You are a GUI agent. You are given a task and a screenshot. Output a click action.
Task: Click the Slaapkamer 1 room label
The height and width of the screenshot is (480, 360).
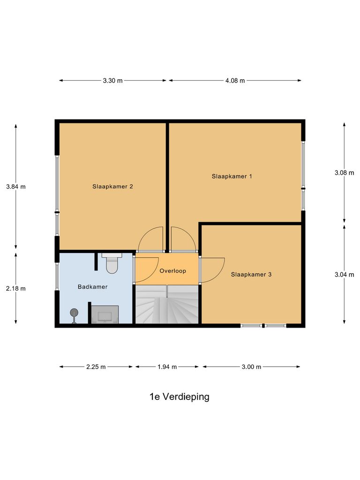pos(232,177)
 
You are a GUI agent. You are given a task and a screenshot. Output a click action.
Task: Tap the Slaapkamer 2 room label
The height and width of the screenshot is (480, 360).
pos(112,187)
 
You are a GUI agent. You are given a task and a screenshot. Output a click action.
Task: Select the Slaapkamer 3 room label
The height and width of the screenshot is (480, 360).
pos(251,275)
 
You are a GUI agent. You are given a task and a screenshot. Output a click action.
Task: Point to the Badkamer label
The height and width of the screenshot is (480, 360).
pos(93,286)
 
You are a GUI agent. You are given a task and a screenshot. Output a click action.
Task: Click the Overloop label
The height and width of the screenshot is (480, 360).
pos(173,271)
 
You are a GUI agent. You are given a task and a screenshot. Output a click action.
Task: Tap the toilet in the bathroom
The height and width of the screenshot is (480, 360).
pos(112,263)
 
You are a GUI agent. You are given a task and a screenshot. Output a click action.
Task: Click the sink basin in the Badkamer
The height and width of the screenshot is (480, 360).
pos(105,315)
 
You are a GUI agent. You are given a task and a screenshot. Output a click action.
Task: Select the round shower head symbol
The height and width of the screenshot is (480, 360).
pos(74,313)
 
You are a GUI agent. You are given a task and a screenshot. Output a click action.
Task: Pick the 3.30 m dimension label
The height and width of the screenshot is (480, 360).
pos(112,81)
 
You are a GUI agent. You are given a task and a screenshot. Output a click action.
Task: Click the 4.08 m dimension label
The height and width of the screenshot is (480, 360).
pos(235,81)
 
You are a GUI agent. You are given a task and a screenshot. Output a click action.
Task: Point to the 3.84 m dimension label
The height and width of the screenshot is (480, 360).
pos(16,187)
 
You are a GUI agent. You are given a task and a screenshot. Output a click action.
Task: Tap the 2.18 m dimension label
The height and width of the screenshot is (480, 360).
pos(16,289)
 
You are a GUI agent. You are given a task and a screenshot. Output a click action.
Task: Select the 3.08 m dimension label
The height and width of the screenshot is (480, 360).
pos(345,172)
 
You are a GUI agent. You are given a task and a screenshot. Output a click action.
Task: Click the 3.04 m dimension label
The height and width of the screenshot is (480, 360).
pos(345,275)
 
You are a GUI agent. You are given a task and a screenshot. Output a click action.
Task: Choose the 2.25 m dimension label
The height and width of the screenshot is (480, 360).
pos(96,367)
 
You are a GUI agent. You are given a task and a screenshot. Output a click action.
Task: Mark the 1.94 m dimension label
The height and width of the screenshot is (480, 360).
pos(167,367)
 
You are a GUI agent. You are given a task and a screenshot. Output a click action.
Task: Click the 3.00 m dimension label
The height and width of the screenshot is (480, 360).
pos(251,367)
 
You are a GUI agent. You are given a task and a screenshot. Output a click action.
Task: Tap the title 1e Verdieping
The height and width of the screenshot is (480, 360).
pos(179,397)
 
